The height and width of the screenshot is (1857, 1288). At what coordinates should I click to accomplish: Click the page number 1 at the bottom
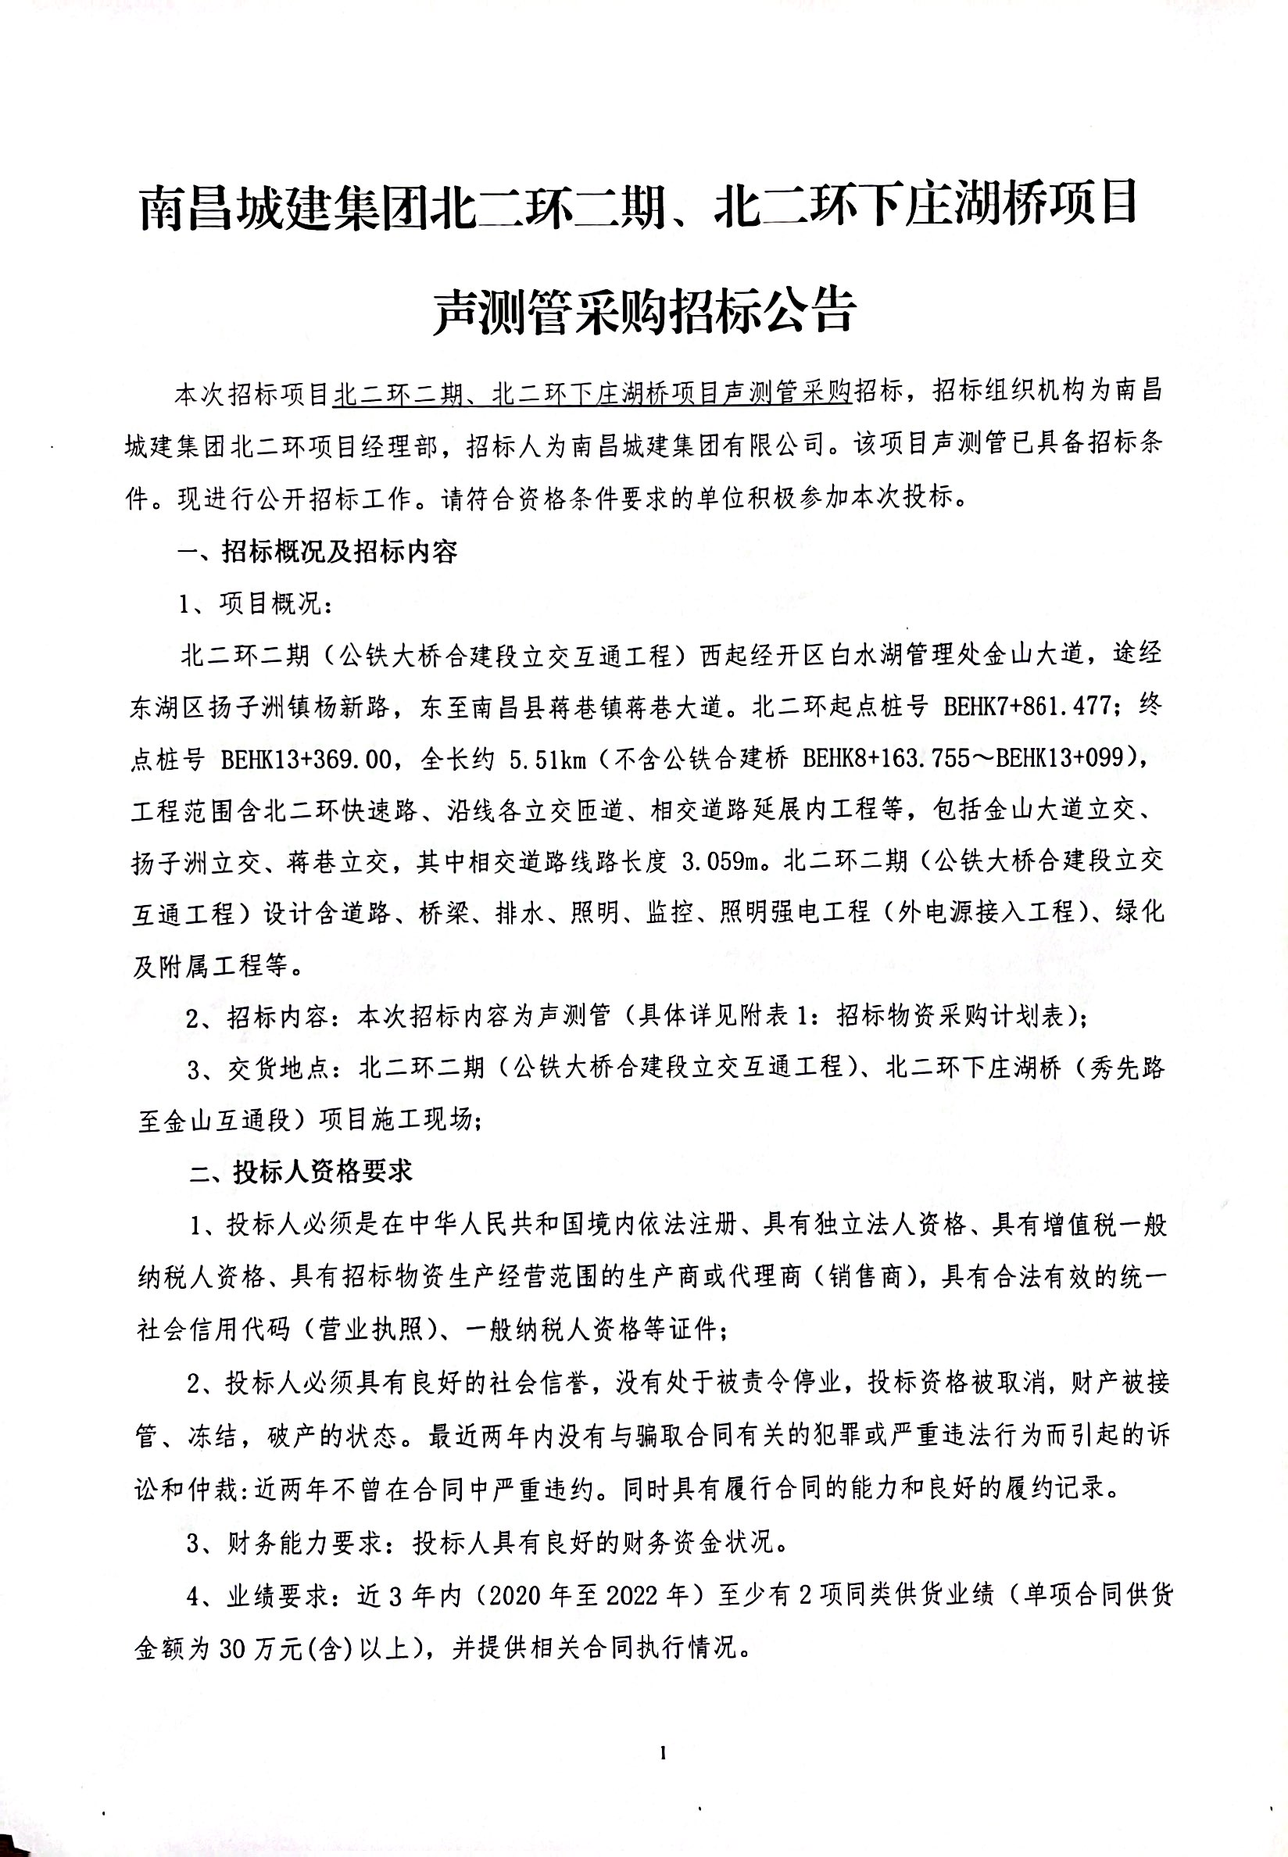[664, 1746]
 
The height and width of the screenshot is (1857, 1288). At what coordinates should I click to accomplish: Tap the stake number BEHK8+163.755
[895, 759]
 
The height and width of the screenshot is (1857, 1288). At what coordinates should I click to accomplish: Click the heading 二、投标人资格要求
[301, 1172]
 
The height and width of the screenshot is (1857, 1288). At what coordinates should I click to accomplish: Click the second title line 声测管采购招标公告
[643, 311]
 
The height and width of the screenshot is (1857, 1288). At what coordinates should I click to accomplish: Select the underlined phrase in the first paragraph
[593, 394]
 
